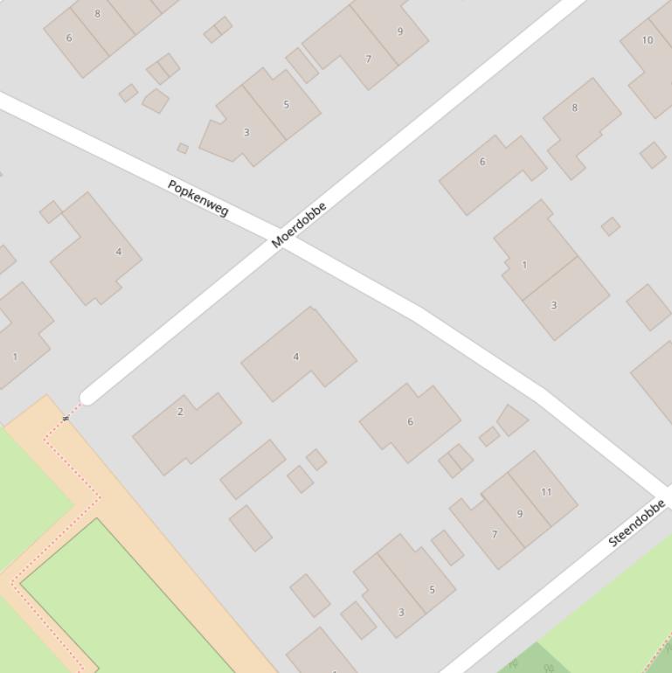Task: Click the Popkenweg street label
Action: (198, 198)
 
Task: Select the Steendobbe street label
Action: (636, 523)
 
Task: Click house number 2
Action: (181, 412)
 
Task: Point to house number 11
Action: (546, 492)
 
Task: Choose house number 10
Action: (647, 40)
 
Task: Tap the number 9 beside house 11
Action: (520, 514)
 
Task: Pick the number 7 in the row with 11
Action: (495, 535)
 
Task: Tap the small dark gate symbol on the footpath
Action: (66, 419)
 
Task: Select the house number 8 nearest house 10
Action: (574, 108)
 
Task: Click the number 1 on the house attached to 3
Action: (524, 265)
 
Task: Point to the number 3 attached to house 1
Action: (553, 306)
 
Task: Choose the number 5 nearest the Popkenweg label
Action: (286, 105)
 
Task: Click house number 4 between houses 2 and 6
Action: (296, 357)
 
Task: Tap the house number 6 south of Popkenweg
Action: (411, 422)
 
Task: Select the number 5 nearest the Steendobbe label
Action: (432, 590)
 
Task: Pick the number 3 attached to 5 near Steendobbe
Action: (401, 612)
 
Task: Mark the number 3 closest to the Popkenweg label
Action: (246, 133)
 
